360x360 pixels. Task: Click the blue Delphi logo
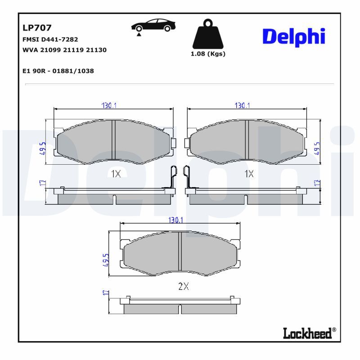coord(293,37)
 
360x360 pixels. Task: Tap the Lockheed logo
coord(309,333)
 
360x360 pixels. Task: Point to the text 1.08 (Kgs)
coord(208,54)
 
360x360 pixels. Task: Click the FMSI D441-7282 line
coord(49,40)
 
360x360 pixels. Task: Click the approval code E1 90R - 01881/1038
coord(58,71)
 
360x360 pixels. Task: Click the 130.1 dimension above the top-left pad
coord(109,105)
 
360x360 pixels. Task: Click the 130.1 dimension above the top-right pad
coord(242,105)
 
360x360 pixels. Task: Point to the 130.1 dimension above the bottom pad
coord(175,220)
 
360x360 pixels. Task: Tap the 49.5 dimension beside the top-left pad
coord(42,148)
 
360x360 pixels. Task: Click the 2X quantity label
coord(183,286)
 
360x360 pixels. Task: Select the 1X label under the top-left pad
coord(116,174)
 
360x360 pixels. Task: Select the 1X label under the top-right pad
coord(249,174)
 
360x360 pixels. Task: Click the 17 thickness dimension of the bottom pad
coord(106,293)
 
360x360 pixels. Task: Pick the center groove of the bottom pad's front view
coord(180,254)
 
